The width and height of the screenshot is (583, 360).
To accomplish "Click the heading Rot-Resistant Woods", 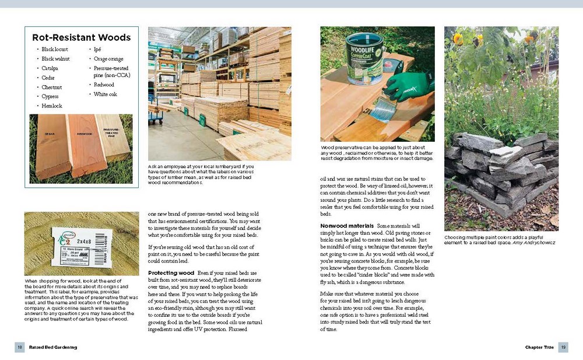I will click(81, 38).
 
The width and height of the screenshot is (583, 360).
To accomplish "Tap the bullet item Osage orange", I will click(108, 59).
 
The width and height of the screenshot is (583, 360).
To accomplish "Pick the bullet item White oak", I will click(106, 94).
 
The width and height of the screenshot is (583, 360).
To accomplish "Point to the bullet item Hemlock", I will click(51, 106).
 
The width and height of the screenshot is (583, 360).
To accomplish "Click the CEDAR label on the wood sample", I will click(50, 134).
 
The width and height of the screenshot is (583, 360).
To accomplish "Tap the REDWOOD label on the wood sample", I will click(85, 134).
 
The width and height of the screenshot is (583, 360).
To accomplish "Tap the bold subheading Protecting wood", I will click(171, 273).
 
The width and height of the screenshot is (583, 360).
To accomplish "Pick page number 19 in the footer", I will click(563, 347).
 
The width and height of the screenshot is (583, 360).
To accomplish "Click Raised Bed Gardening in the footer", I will click(54, 347).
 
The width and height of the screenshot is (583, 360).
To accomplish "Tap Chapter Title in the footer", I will click(539, 347).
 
